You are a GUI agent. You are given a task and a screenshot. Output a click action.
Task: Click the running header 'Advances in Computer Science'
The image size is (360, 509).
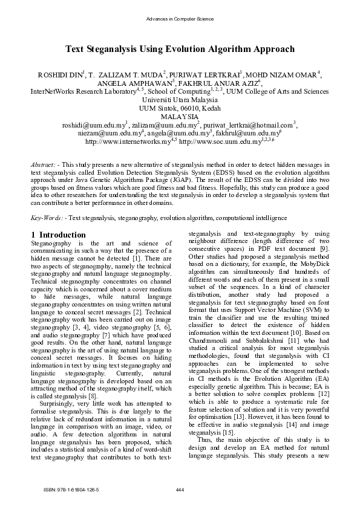(x=180, y=19)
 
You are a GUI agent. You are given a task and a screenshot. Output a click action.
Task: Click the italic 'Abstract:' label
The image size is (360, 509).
(x=44, y=164)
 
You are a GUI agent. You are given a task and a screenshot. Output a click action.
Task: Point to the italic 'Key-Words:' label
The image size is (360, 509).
(x=47, y=217)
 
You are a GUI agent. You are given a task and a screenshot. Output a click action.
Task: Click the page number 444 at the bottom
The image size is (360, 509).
(x=179, y=488)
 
